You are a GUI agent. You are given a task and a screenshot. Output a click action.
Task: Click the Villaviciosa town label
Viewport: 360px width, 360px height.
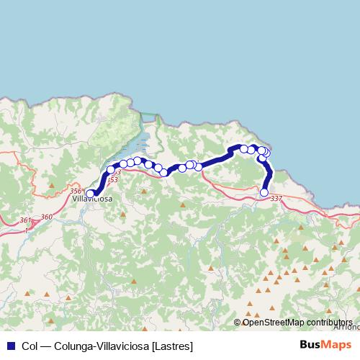pos(92,198)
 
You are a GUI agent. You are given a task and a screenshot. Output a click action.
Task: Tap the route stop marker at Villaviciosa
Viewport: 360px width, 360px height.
pos(90,192)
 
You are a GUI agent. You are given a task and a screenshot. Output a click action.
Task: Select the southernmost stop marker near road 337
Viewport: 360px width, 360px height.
pos(264,192)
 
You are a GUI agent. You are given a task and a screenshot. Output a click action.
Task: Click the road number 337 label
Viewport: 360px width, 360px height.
pos(276,198)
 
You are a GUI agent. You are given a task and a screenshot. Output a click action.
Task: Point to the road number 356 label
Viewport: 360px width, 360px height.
pos(76,191)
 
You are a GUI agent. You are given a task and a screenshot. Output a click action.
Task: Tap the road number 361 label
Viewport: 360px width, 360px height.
pos(25,220)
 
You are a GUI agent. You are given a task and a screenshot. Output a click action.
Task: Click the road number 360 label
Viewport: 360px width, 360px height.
pos(47,217)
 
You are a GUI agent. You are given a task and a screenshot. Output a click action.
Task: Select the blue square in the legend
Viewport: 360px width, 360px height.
pos(10,346)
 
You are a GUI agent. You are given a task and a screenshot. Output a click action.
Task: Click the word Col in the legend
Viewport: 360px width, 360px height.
pos(30,346)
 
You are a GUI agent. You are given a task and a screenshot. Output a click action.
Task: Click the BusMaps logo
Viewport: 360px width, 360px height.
pos(323,346)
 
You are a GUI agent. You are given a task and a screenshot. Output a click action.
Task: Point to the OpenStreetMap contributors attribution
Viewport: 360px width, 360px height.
pos(297,323)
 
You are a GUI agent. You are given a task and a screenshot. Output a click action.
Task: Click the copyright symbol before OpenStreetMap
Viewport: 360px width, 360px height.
pos(238,323)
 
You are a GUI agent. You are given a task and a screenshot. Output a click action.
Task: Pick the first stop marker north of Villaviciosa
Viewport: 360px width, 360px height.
pos(111,170)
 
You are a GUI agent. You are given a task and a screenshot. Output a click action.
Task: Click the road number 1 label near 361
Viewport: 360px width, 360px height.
pos(27,230)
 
